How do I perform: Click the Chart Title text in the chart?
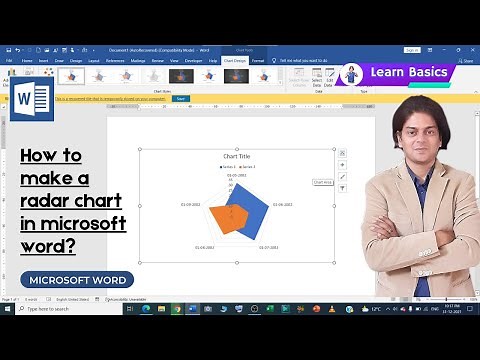pos(236,157)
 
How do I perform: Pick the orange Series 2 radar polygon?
pos(231,213)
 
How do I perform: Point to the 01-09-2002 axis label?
pos(192,205)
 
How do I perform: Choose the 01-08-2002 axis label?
pos(204,247)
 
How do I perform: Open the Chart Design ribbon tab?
pos(234,60)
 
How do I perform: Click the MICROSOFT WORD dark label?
pos(79,280)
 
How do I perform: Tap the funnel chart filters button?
pos(343,188)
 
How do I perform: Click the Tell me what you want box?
pos(311,60)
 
